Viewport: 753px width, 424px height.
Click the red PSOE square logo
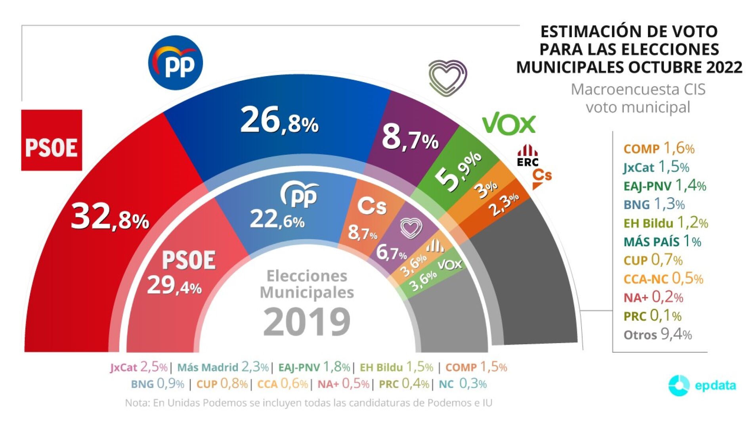(x=52, y=140)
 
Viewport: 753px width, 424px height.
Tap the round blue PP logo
(x=176, y=63)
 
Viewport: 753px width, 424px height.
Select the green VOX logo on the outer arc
(x=509, y=124)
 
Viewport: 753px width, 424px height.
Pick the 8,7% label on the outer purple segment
(x=410, y=138)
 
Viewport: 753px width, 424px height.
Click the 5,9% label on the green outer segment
(x=459, y=171)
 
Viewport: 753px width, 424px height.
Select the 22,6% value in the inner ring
(x=277, y=219)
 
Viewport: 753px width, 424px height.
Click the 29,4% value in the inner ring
(x=174, y=286)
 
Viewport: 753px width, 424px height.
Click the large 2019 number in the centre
(x=307, y=322)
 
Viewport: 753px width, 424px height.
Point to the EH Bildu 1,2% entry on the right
(x=665, y=223)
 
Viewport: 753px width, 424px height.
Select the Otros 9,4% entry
(x=657, y=335)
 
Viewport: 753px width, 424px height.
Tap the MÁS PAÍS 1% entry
(x=662, y=242)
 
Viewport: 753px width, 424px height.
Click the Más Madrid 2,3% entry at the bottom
(x=223, y=367)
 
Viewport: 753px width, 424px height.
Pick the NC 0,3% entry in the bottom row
(x=463, y=384)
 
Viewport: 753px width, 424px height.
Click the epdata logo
(x=702, y=385)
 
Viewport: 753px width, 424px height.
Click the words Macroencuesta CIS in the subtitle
(x=638, y=90)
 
